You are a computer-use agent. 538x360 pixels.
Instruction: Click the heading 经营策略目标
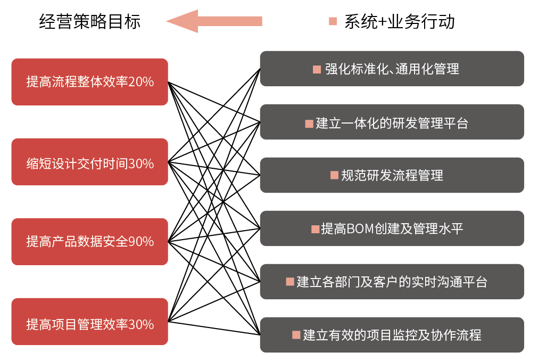(x=90, y=22)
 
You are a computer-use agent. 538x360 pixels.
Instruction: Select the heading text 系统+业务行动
(x=399, y=22)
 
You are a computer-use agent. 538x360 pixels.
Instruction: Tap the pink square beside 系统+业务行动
(x=333, y=22)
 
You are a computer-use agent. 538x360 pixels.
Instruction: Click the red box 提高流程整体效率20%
(x=89, y=82)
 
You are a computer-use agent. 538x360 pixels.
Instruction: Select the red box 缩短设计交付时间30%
(x=89, y=162)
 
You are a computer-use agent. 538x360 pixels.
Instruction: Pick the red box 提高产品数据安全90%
(x=89, y=242)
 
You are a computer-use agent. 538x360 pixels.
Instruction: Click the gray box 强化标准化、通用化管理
(x=392, y=69)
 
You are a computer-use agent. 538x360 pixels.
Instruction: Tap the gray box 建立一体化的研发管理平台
(x=392, y=122)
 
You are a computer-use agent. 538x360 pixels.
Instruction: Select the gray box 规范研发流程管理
(x=392, y=175)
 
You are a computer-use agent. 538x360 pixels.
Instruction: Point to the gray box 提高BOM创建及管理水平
(x=392, y=228)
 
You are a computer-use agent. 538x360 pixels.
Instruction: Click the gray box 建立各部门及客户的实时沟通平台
(x=392, y=282)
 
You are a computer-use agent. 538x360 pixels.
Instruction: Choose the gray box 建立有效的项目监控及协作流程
(x=392, y=335)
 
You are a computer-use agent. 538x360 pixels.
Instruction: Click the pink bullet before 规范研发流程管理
(x=334, y=175)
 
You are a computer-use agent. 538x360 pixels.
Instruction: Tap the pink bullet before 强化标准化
(x=317, y=69)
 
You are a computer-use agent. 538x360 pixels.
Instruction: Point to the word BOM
(x=359, y=229)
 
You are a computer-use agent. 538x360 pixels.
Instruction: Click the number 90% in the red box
(x=141, y=242)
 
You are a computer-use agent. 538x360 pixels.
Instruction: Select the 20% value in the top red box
(x=141, y=82)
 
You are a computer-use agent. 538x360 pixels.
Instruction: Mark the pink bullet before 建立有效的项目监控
(x=296, y=335)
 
